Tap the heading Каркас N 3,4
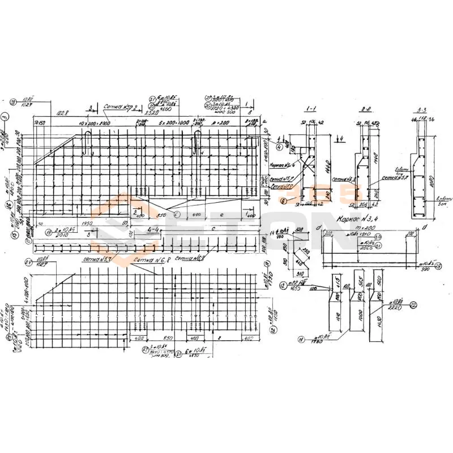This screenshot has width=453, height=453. click(x=356, y=216)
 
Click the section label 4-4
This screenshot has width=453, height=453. click(x=152, y=229)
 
